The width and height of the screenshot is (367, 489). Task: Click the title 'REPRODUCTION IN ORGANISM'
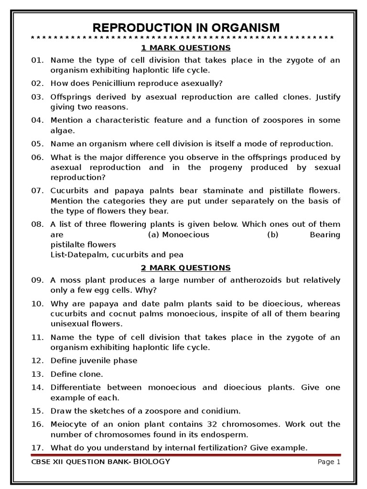point(186,27)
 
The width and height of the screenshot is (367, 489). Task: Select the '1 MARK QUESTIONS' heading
point(186,48)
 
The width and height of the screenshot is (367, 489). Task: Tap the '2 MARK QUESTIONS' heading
point(186,267)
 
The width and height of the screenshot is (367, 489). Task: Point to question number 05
point(37,143)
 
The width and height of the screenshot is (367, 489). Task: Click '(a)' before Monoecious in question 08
point(154,234)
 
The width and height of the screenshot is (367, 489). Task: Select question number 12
point(37,361)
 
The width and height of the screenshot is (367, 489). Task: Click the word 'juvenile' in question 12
point(92,361)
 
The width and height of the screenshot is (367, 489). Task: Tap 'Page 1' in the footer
point(329,462)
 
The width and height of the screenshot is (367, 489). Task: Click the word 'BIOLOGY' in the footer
point(151,462)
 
